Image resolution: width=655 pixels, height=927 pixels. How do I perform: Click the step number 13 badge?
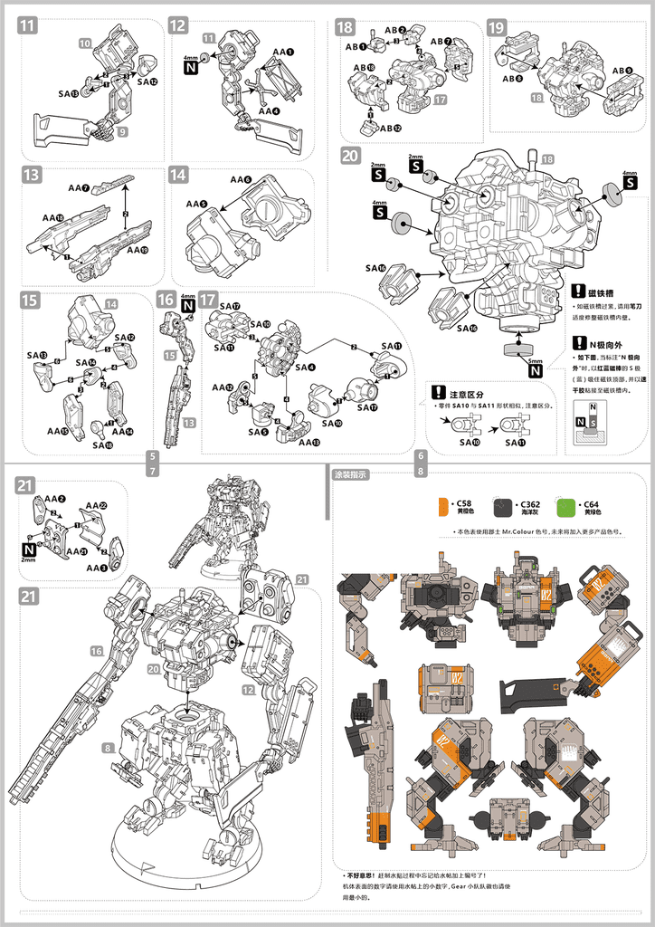tap(32, 176)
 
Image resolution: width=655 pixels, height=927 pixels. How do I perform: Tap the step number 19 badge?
tap(497, 28)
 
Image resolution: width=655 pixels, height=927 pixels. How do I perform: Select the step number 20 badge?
tap(350, 155)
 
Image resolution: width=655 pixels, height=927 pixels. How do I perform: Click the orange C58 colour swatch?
tap(443, 505)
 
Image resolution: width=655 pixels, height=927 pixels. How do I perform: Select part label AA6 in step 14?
tap(241, 179)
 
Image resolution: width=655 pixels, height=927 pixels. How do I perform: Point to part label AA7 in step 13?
tap(79, 188)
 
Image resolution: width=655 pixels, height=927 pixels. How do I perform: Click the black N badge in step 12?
tap(191, 67)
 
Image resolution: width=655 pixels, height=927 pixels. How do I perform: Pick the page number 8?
tap(420, 471)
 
